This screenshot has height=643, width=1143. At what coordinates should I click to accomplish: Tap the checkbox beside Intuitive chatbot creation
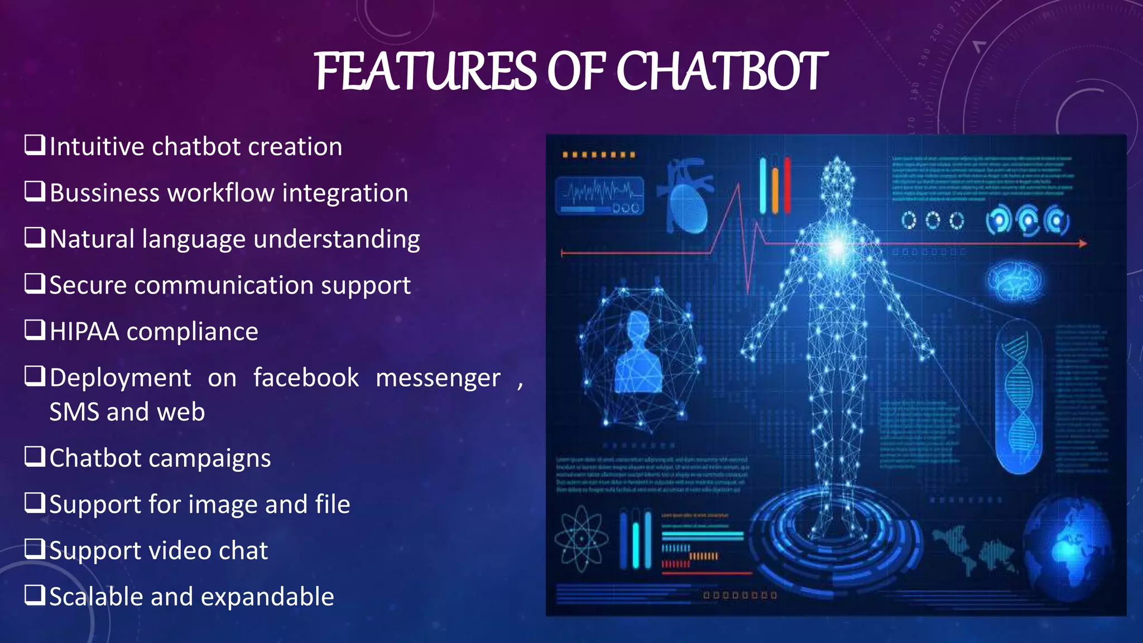(35, 145)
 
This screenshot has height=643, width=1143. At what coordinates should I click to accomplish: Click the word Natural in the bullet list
(92, 239)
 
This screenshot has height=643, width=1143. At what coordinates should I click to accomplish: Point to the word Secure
(88, 285)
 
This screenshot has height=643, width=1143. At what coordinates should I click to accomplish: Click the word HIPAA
(84, 332)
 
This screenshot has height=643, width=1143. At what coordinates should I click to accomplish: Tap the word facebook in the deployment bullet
(306, 378)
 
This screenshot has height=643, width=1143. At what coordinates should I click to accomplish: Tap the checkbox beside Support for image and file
(35, 503)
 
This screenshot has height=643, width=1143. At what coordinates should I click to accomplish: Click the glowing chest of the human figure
(837, 246)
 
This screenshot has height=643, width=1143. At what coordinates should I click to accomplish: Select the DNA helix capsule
(1019, 397)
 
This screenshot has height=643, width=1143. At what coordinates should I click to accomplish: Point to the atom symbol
(581, 539)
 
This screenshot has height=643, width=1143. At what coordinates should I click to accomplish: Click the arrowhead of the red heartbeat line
(1083, 243)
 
